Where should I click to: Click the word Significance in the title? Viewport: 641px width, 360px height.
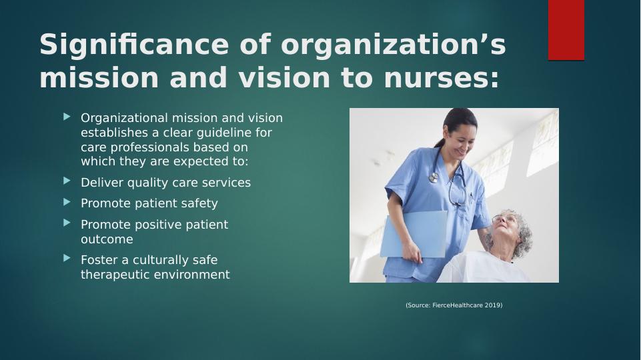pos(134,45)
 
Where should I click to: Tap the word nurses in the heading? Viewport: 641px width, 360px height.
pos(442,77)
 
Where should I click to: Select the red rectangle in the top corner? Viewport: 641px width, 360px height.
pos(566,30)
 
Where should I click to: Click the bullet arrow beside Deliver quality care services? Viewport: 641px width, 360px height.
pos(67,181)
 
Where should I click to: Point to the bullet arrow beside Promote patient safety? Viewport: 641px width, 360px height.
pos(67,202)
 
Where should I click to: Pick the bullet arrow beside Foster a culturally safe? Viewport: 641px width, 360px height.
pos(67,258)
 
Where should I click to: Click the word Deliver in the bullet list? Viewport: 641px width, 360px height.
pos(102,182)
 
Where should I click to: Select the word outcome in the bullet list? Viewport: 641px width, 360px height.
pos(107,239)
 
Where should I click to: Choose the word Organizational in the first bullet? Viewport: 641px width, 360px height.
pos(125,118)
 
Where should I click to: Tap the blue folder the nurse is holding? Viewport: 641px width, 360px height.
pos(413,234)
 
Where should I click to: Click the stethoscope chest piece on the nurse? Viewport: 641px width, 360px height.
pos(434,178)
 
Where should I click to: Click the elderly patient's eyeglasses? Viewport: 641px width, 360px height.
pos(501,219)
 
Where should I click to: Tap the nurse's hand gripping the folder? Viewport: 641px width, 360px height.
pos(411,252)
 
